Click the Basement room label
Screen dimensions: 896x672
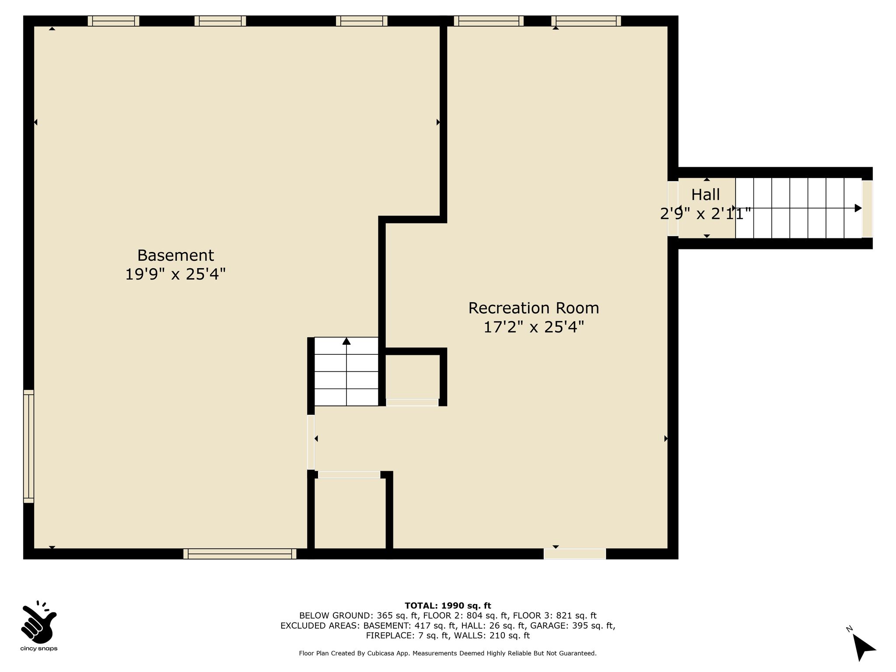pos(175,255)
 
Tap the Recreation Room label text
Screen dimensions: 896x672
pos(534,308)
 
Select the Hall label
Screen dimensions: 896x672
pos(706,194)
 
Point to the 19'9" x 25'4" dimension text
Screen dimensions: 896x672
pos(175,274)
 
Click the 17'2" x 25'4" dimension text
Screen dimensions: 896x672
pos(534,327)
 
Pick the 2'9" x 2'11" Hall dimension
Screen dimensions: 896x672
pos(706,213)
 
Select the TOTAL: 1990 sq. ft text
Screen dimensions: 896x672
pos(448,606)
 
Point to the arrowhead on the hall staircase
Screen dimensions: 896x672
pos(858,208)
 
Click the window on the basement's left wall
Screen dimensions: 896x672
pos(28,446)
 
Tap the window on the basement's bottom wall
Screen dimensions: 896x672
pos(240,554)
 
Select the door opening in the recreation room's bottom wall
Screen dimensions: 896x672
pos(575,554)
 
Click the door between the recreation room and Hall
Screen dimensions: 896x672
pos(673,209)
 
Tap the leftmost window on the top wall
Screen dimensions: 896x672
pos(113,21)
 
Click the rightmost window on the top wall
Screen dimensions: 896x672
pos(586,21)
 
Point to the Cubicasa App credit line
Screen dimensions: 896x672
pos(448,653)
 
